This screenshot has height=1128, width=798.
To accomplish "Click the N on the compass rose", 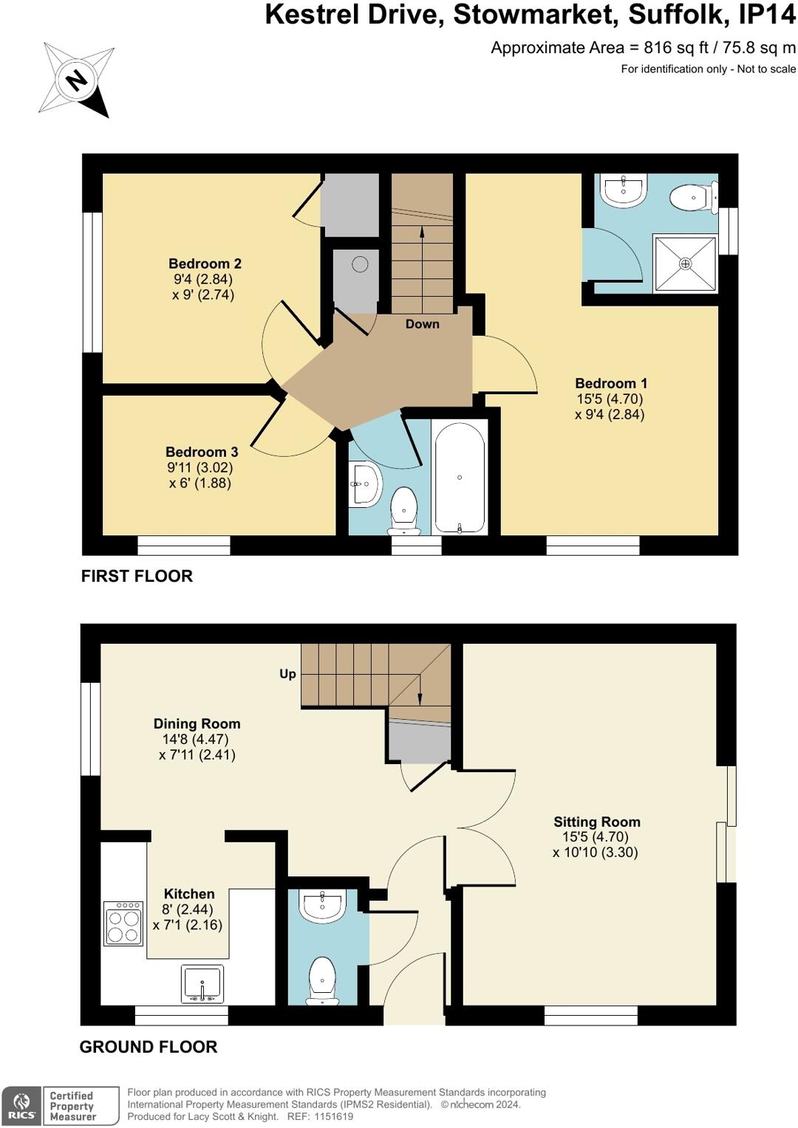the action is [77, 79].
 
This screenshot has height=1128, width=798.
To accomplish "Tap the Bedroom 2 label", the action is [205, 264].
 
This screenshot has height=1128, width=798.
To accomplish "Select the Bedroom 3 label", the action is [202, 452].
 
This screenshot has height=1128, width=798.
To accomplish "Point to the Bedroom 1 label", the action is [611, 383].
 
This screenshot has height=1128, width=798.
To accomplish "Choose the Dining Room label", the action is [197, 723].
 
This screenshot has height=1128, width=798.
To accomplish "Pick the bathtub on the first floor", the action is [460, 477].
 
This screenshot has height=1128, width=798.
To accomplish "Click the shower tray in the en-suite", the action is [685, 264].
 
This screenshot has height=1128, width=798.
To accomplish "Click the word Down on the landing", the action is [423, 324].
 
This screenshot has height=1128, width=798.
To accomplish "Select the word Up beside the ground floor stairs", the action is [287, 674].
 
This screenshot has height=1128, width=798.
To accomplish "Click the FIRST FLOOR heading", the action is [137, 576].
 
